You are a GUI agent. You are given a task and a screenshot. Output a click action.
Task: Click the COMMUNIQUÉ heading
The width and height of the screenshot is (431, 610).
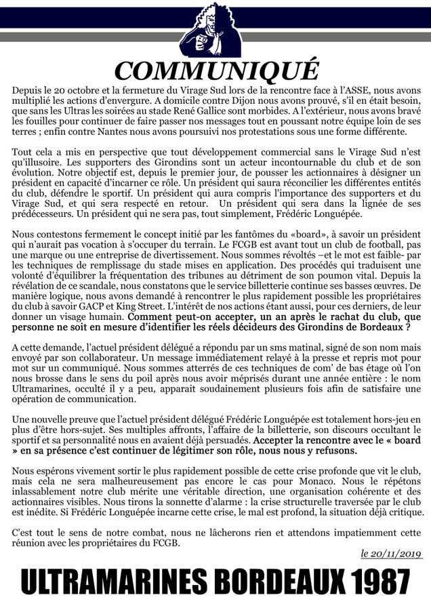(x=215, y=71)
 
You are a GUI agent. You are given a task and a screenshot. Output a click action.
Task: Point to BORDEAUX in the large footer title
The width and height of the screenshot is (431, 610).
(x=256, y=582)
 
